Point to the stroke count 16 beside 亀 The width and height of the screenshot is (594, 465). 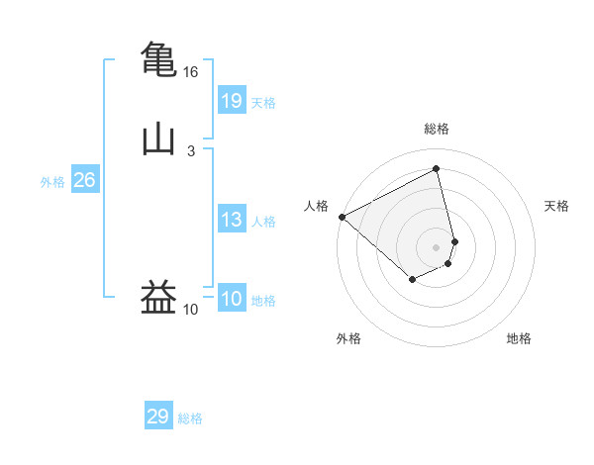tap(191, 72)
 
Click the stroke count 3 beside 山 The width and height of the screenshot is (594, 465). tap(191, 151)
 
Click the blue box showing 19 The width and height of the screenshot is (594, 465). tap(231, 100)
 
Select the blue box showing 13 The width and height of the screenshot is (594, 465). tap(231, 220)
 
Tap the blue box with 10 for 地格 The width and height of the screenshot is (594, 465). tap(231, 299)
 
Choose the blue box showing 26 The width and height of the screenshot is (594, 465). tap(84, 180)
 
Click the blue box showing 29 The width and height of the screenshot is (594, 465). tap(157, 417)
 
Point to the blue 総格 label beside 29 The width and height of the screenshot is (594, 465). tap(190, 418)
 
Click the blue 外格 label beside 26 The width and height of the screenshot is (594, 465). tap(52, 182)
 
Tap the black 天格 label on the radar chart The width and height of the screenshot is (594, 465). tap(556, 206)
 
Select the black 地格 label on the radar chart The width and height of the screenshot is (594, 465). tap(519, 338)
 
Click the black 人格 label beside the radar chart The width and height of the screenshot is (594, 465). tap(316, 206)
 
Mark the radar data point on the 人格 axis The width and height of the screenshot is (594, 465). tap(342, 217)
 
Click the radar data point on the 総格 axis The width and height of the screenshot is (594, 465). tap(436, 168)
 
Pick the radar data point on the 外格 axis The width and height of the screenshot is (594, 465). tap(412, 281)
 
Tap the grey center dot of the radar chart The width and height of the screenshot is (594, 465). tap(436, 247)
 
